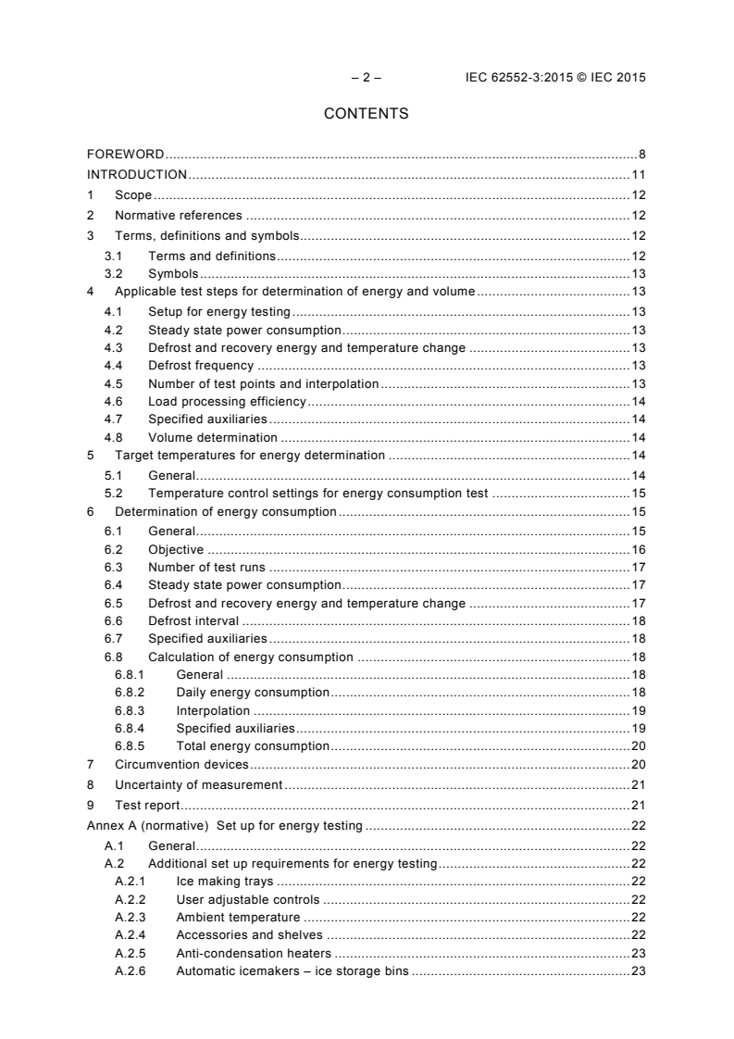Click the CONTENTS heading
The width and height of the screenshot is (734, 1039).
point(366,115)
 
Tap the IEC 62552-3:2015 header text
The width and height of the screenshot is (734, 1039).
point(554,78)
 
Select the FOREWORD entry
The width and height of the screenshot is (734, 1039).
point(126,154)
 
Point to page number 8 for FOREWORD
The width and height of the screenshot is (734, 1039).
point(641,154)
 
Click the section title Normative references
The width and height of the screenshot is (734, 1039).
point(178,216)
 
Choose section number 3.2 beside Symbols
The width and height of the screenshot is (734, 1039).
point(113,273)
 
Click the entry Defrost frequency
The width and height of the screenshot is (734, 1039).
point(201,366)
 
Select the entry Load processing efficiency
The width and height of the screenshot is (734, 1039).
point(227,401)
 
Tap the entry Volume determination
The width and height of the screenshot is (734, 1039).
point(212,437)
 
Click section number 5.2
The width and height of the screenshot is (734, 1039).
point(113,494)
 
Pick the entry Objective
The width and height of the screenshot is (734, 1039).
point(176,549)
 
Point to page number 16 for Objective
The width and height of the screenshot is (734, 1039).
point(638,549)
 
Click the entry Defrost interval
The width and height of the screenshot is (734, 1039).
point(193,620)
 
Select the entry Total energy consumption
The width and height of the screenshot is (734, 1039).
point(253,745)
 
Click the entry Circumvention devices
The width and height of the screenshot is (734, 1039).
point(181,764)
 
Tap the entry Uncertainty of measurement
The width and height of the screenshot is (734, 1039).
point(198,784)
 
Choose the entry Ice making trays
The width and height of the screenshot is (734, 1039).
point(224,882)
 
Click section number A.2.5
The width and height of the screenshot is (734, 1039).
point(131,953)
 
